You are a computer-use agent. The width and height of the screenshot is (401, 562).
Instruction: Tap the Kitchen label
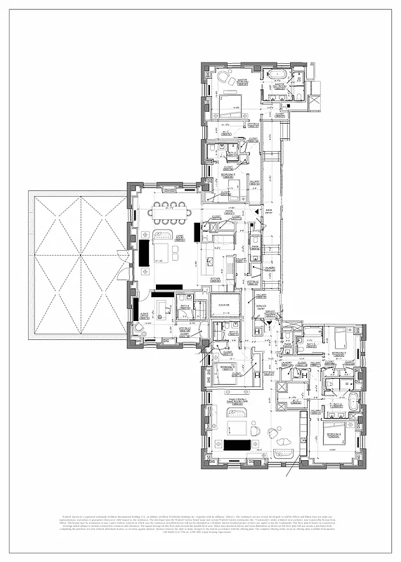pos(215,279)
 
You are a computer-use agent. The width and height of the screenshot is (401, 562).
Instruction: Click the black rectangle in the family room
pos(239,445)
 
